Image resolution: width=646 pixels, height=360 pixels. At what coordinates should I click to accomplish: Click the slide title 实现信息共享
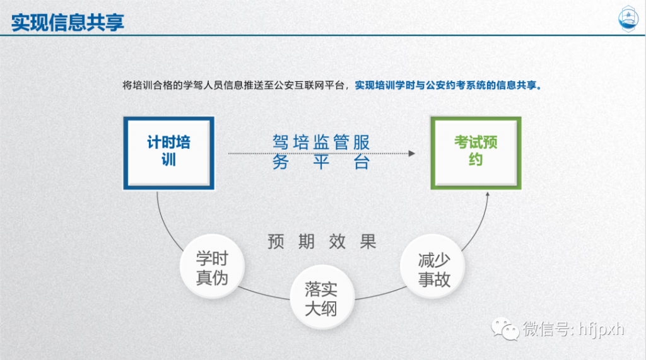68,22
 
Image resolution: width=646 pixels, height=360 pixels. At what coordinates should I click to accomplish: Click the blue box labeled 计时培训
169,153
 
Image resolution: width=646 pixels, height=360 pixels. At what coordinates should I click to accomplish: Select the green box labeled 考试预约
476,153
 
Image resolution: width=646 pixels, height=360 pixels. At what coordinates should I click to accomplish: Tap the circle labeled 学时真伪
212,267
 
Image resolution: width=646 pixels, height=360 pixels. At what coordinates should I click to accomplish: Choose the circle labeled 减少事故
433,267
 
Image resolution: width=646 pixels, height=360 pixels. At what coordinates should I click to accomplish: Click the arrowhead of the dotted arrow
411,153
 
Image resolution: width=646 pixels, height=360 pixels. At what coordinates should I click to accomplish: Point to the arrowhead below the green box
488,194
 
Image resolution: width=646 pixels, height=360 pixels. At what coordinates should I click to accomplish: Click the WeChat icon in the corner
505,330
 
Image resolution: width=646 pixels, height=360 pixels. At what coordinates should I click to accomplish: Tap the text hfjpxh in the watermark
601,330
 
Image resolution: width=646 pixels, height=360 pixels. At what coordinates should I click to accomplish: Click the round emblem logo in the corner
628,19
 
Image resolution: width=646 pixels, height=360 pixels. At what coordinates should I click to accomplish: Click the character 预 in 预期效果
276,241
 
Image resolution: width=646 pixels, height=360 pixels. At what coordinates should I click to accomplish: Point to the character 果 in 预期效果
368,241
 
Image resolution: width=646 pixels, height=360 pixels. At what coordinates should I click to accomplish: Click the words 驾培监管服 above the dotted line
321,142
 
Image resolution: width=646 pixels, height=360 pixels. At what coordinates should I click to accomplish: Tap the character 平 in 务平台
321,162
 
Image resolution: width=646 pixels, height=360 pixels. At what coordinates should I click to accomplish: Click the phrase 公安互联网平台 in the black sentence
309,85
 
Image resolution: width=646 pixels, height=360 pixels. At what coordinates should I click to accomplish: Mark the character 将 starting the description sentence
127,85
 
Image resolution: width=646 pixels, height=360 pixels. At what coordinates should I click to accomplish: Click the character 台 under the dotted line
361,162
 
